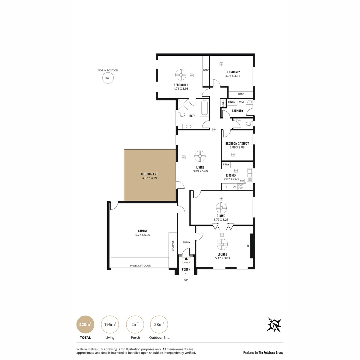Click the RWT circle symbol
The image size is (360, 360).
[108, 78]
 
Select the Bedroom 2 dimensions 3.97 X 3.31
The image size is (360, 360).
[233, 76]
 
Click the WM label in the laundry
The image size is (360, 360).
[241, 102]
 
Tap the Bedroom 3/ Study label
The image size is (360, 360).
[237, 143]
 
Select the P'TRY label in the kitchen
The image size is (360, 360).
[226, 165]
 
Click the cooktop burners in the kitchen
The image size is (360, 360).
[241, 186]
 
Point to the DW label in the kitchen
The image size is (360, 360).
[242, 181]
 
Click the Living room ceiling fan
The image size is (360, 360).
[200, 156]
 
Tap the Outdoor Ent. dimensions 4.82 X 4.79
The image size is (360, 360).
[149, 178]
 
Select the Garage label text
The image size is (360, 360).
[143, 231]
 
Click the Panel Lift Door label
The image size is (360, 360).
[140, 266]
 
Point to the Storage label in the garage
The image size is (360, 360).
[173, 246]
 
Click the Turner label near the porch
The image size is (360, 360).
[186, 262]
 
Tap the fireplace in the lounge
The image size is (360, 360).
[252, 246]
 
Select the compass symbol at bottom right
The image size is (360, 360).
[274, 325]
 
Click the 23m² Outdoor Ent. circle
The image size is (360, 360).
[159, 324]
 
